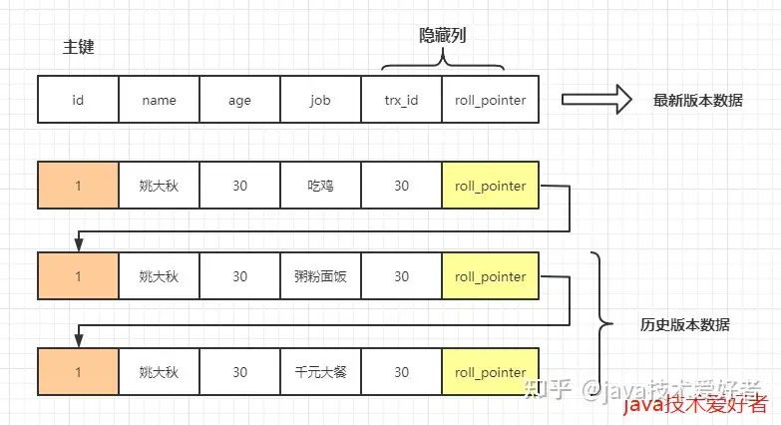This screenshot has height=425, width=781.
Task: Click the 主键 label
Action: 78,47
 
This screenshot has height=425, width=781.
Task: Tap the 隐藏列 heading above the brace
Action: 442,35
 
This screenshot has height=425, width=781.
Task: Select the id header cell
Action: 78,99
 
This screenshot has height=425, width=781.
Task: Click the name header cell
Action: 159,99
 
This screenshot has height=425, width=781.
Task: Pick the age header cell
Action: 239,99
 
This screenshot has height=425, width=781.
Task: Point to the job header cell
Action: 321,99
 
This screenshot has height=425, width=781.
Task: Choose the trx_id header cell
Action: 401,99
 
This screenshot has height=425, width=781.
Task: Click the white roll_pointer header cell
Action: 490,99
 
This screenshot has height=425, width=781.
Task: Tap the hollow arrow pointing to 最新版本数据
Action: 596,99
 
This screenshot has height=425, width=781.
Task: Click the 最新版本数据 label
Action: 698,100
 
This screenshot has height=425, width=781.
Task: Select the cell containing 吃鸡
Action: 321,185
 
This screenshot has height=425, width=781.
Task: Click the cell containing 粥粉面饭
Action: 321,275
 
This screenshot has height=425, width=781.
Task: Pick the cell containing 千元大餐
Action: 321,372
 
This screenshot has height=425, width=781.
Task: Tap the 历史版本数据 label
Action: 685,325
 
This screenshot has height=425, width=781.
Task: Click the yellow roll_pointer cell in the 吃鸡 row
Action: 490,185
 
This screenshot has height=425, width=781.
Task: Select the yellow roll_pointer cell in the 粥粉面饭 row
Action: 490,275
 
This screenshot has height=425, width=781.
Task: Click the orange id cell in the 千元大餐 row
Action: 78,372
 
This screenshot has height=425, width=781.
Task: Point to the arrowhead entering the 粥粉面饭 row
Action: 78,245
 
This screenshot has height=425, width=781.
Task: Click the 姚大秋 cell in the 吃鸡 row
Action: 159,185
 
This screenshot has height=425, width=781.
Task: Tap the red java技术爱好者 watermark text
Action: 695,404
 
